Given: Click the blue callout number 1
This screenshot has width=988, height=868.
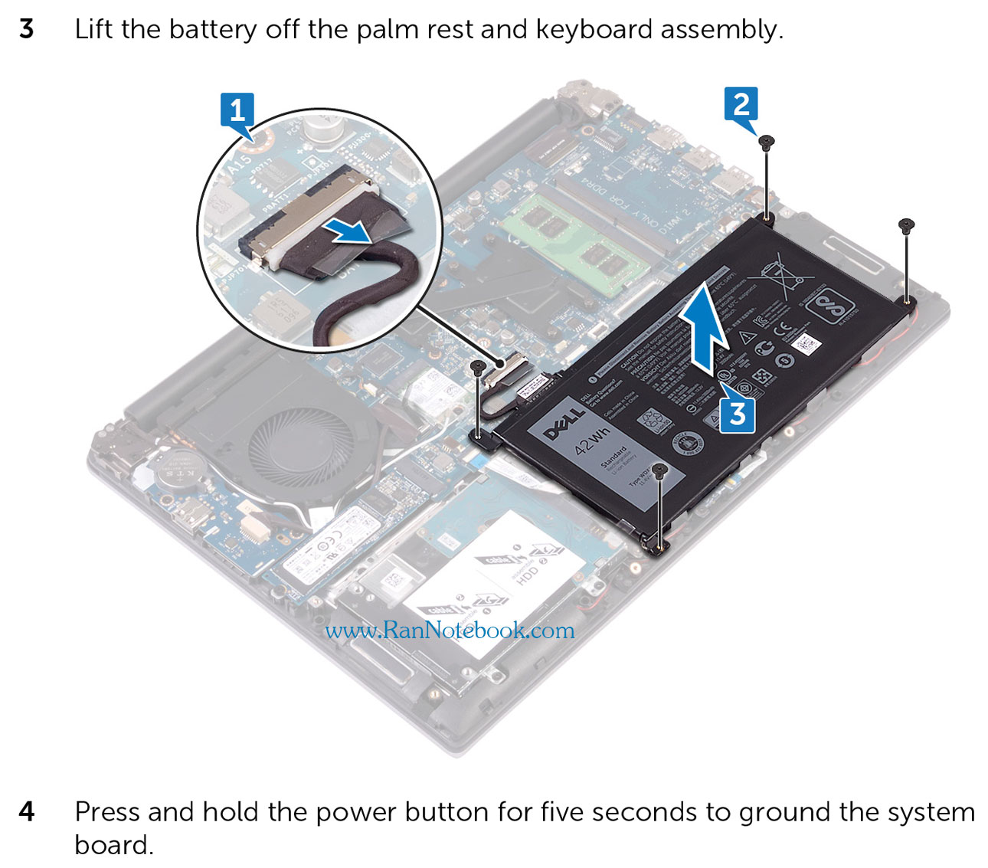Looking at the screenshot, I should [237, 110].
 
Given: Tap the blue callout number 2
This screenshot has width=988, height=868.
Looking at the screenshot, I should [741, 103].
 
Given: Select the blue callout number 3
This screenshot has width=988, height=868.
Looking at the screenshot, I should [737, 414].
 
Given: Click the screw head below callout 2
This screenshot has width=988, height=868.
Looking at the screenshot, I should [767, 141].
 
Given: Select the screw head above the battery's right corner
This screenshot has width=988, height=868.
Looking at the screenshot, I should [906, 225].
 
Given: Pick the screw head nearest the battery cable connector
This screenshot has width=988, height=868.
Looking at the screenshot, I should [477, 367].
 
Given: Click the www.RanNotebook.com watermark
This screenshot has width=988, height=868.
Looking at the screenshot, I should [450, 631].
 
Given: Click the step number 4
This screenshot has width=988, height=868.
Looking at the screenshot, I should [27, 811].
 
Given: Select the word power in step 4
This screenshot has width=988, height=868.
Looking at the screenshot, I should [358, 811].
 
